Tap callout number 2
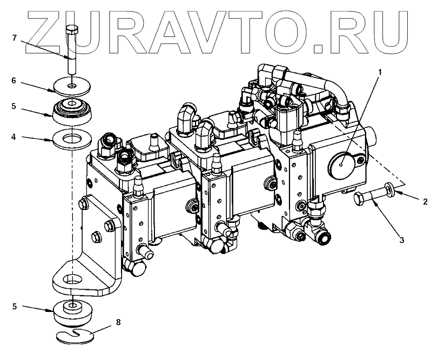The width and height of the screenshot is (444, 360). click(425, 202)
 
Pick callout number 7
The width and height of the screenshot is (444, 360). click(15, 37)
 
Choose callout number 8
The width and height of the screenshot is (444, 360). click(118, 322)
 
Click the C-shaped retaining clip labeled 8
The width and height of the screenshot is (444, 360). click(76, 336)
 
